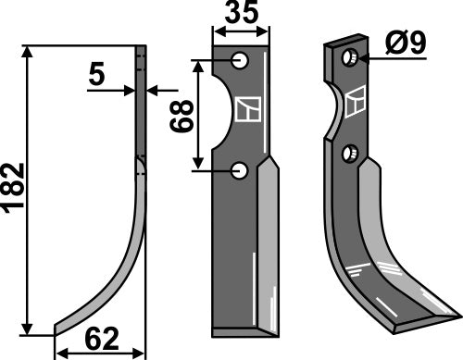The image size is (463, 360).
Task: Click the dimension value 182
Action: (x=12, y=190)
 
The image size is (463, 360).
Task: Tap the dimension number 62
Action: (x=103, y=340)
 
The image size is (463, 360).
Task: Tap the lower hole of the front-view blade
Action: (x=241, y=169)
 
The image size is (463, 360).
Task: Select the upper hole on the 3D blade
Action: (x=351, y=58)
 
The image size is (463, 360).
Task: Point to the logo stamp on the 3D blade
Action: (x=355, y=103)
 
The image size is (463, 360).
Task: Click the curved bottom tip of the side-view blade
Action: (x=65, y=326)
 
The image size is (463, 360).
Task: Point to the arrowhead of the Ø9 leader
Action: (x=362, y=58)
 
